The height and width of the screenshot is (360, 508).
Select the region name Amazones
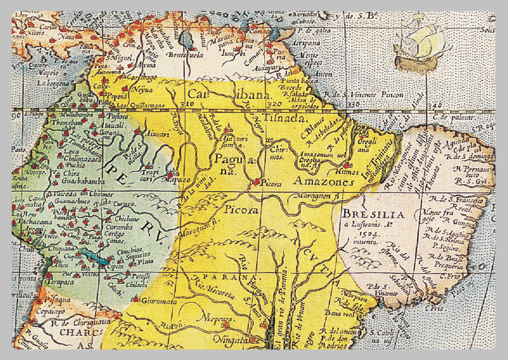tap(323, 182)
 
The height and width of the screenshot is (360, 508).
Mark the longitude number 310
tap(187, 103)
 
